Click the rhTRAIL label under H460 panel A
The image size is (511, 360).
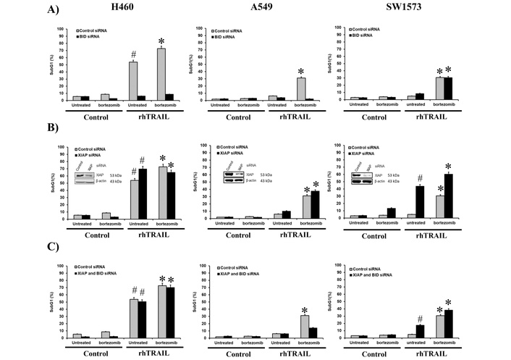[x=156, y=119]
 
